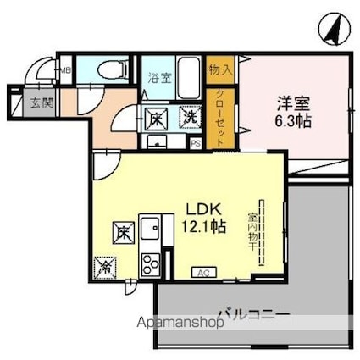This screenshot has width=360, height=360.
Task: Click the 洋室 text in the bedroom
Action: click(295, 105)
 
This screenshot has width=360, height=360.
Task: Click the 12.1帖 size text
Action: click(204, 228)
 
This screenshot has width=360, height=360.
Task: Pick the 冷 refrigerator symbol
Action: click(106, 264)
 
